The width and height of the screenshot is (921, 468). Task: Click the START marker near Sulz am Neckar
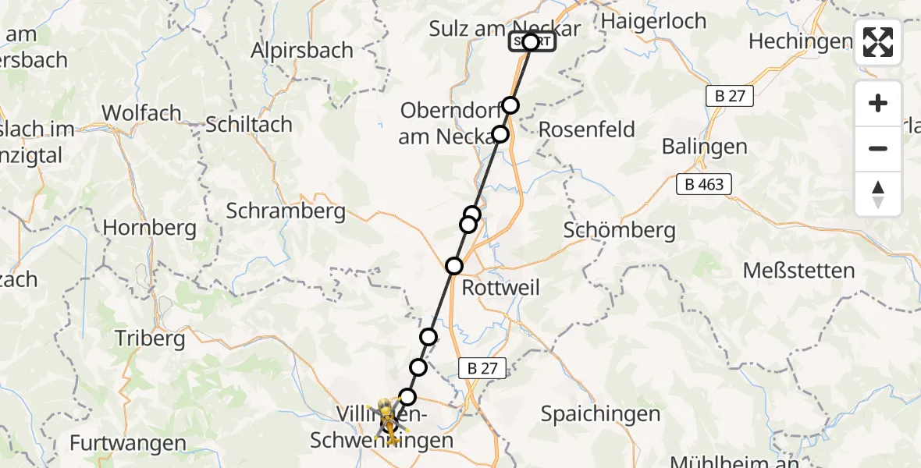(x=532, y=41)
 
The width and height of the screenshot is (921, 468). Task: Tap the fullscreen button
(x=878, y=42)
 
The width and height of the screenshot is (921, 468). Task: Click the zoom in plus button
(x=878, y=103)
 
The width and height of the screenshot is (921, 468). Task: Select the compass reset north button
(x=878, y=194)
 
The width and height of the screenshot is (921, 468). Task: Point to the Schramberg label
(x=286, y=211)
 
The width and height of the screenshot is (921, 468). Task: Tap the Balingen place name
(x=704, y=146)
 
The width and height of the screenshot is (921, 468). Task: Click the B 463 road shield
(x=704, y=185)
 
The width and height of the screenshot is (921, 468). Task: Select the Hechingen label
(x=799, y=41)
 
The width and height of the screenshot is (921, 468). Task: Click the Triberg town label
(x=150, y=339)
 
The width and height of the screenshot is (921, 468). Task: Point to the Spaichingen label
(x=600, y=413)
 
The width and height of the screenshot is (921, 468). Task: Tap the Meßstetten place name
(x=799, y=271)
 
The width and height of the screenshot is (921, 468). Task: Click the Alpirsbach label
(x=302, y=50)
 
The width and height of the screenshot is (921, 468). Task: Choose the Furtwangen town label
(x=128, y=444)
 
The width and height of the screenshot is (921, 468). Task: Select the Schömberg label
(x=619, y=230)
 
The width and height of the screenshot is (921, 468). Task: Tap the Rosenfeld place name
(x=587, y=129)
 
